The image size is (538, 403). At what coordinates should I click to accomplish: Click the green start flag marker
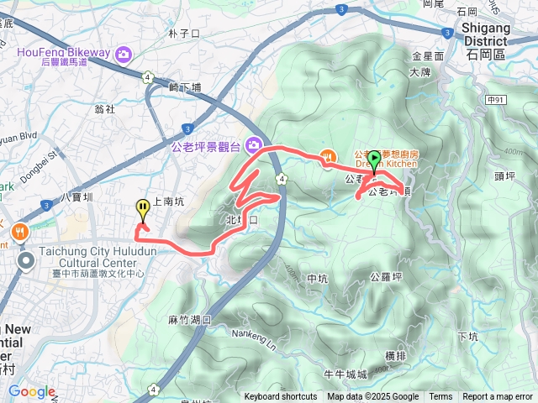point(374,157)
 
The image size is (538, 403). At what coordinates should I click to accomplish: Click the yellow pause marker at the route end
point(143,207)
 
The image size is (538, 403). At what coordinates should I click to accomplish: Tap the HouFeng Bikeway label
point(63,53)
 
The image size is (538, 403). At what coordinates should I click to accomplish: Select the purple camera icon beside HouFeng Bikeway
point(124,54)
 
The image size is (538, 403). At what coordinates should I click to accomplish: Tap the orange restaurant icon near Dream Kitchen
point(329,155)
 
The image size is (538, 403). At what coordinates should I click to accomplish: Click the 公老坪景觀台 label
point(206,146)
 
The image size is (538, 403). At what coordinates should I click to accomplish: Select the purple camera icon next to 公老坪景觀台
point(252,146)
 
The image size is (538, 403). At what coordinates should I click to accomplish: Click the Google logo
point(30,391)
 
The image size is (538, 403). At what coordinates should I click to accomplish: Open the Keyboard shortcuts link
point(281,397)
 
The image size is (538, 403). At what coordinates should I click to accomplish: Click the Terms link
point(440,397)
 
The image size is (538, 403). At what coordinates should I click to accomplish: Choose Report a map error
point(497,397)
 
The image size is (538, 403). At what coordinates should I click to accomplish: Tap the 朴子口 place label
point(183,34)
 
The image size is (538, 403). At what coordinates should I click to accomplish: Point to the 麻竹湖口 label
point(189,320)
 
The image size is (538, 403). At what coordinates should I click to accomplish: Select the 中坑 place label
point(317,279)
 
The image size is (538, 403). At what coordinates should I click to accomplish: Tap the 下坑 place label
point(467,337)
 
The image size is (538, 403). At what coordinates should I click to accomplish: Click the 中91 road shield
point(497,99)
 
